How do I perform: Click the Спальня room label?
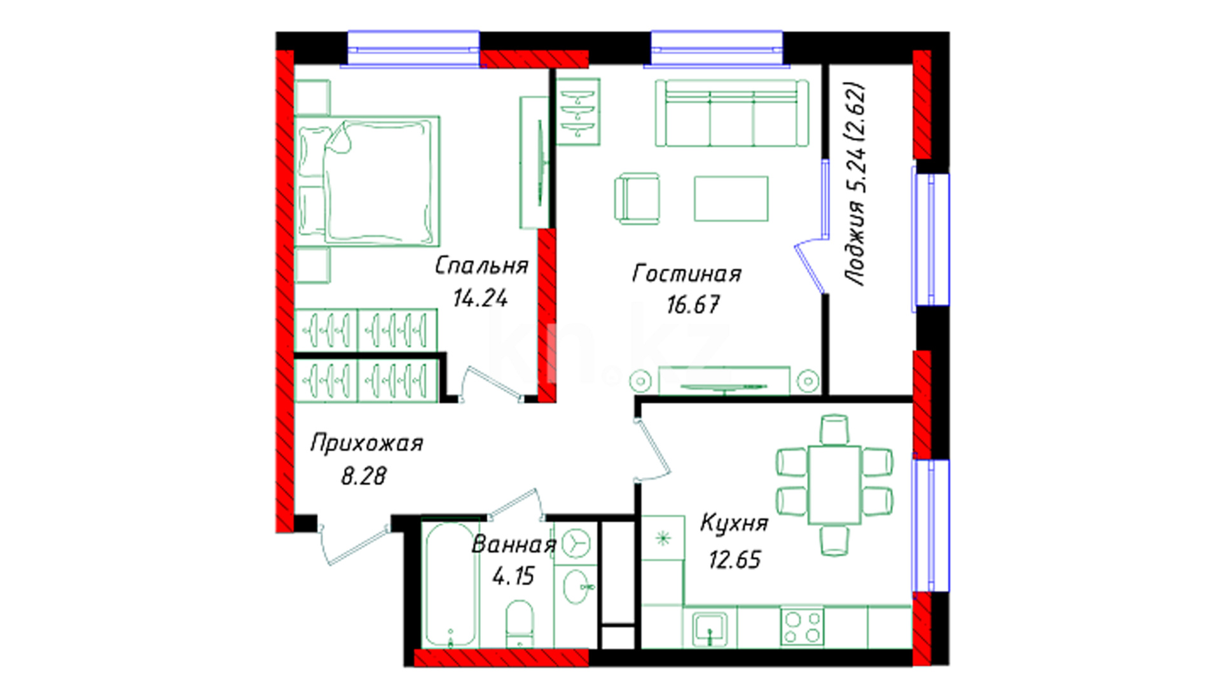coord(481,265)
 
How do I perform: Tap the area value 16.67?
coord(693,305)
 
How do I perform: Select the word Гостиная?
coord(687,274)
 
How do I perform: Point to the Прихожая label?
coord(367,443)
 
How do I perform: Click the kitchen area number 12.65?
coord(735,560)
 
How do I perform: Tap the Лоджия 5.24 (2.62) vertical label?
coord(854,183)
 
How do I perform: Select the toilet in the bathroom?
coord(520,623)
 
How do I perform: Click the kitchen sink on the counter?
coord(710,627)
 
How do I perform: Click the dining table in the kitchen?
coord(834,485)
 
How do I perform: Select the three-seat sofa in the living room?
coord(732,113)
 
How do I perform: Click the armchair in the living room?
coord(637,198)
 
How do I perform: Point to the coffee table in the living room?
coord(731,198)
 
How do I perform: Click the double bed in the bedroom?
coord(368,181)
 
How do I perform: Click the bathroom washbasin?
coord(577,586)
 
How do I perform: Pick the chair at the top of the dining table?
coord(834,429)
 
